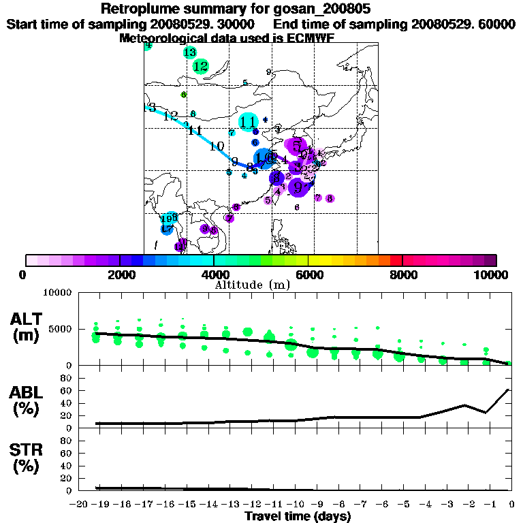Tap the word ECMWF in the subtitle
coord(306,38)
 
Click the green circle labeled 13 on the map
coord(190,52)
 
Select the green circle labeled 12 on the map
coord(200,66)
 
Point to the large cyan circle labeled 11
coord(249,122)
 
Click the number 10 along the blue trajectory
coord(217,146)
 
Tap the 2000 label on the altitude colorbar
coord(120,274)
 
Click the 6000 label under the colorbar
coord(308,274)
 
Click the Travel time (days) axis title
coord(298,516)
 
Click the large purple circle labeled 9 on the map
coord(299,185)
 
